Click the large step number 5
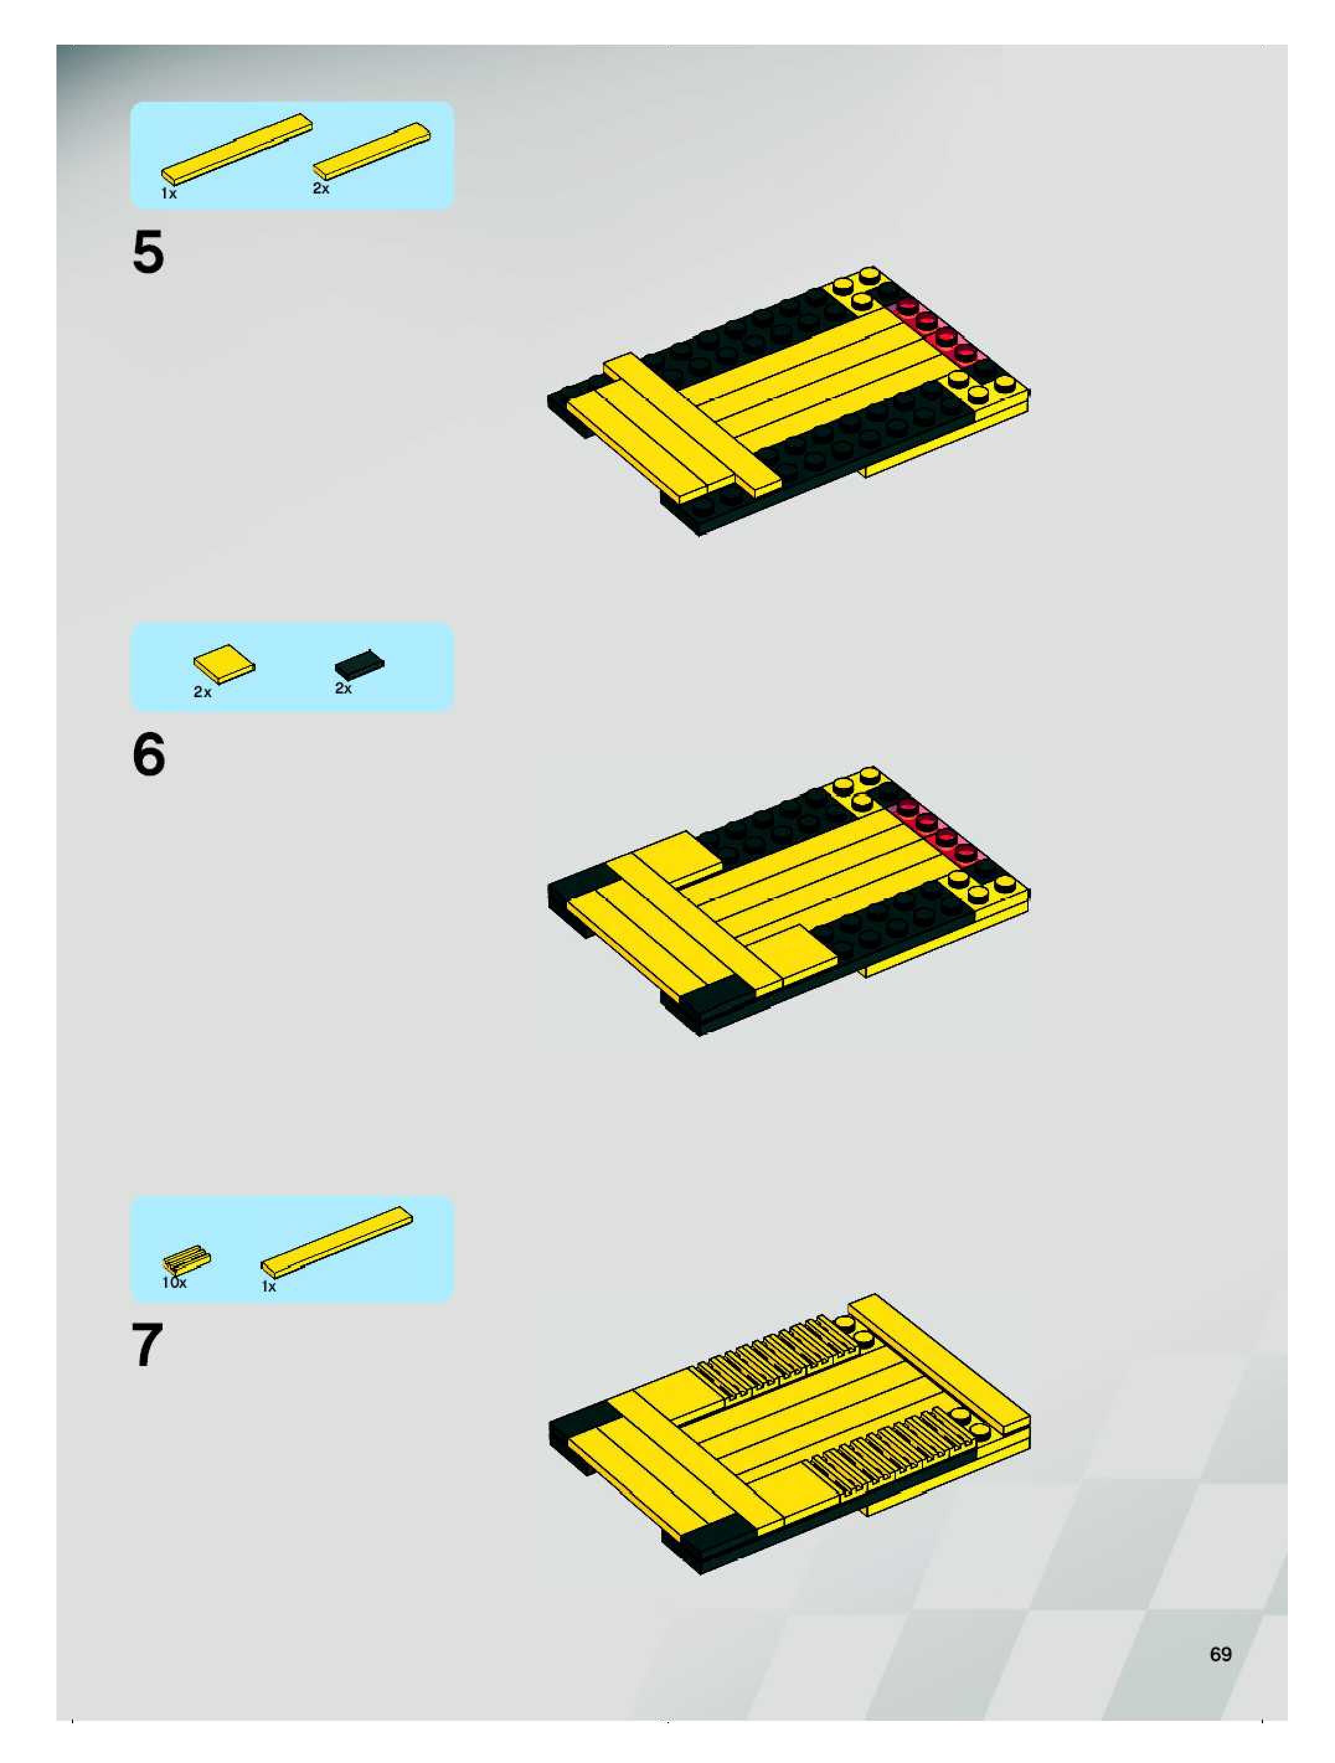[148, 252]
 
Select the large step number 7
[148, 1346]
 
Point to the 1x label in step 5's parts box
[169, 193]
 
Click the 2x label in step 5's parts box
[320, 188]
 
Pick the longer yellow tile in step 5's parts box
[237, 149]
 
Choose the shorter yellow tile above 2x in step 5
[372, 151]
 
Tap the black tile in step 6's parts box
[359, 663]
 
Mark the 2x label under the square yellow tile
[202, 692]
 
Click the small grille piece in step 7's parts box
[187, 1259]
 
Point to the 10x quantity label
[174, 1282]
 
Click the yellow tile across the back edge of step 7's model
[939, 1364]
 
